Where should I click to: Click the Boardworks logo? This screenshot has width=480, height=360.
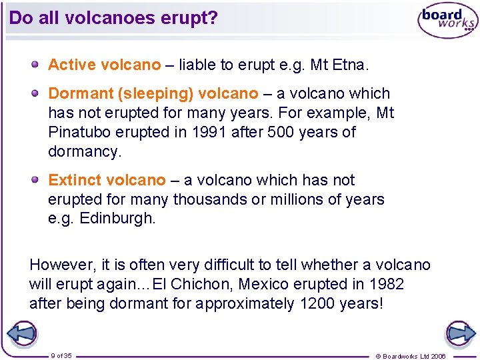tap(447, 21)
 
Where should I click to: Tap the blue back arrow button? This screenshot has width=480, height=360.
tap(21, 333)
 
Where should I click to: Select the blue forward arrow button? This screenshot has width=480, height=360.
tap(460, 333)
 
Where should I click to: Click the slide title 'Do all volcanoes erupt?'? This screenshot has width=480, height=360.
tap(113, 18)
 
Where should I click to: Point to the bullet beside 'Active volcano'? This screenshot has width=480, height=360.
tap(34, 65)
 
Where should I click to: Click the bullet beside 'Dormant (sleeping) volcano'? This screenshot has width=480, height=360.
tap(34, 93)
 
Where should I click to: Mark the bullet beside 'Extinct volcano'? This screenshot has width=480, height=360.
tap(34, 180)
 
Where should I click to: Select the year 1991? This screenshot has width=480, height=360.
tap(208, 132)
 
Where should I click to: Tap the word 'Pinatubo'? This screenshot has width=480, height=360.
tap(78, 132)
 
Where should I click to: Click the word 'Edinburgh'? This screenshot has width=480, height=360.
tap(117, 218)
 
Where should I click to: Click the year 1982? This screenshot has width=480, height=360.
tap(385, 284)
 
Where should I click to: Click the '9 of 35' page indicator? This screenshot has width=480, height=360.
tap(61, 355)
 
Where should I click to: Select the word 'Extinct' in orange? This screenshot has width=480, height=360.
tap(75, 180)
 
